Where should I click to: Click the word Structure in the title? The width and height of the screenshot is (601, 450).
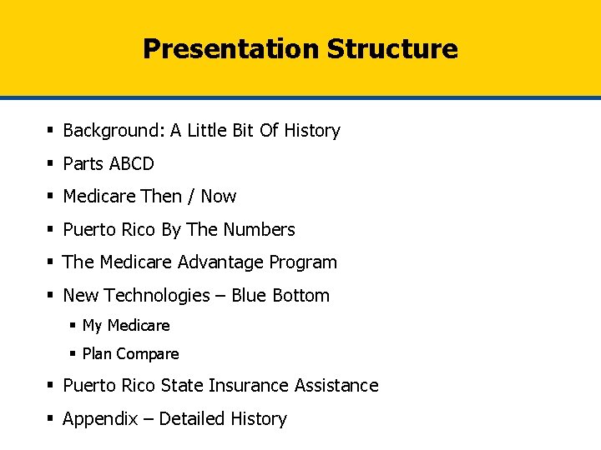[392, 48]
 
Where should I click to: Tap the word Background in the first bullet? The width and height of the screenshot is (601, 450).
[114, 131]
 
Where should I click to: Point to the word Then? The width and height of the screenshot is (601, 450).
[161, 197]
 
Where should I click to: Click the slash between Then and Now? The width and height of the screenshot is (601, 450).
[191, 197]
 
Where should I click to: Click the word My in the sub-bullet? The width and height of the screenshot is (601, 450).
[92, 326]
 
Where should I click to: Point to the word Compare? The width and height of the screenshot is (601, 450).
[148, 354]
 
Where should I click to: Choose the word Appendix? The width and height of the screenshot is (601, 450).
[100, 419]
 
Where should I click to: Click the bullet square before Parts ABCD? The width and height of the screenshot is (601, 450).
[51, 163]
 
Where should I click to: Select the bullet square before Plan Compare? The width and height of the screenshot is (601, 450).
[73, 354]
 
